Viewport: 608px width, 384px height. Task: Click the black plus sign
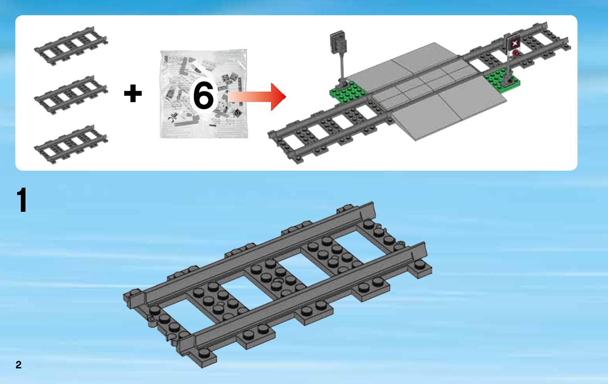133,94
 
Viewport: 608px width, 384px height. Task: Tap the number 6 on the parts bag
203,95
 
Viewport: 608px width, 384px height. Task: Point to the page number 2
19,364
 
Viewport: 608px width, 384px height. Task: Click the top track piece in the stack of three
71,46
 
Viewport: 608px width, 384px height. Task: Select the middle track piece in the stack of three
71,95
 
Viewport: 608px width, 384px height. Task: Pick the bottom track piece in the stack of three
71,144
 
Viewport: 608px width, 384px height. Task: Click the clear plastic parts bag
203,94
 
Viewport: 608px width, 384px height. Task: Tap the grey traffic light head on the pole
338,42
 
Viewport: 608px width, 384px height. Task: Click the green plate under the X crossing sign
501,79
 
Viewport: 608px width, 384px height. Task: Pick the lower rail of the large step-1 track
303,298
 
